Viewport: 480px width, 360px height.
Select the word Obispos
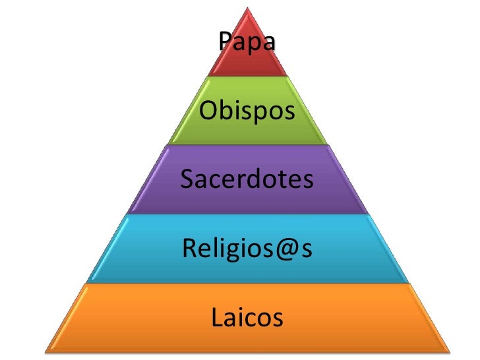click(x=247, y=112)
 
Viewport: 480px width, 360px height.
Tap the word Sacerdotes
click(x=246, y=179)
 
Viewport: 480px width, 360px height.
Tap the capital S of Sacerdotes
click(x=187, y=179)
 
